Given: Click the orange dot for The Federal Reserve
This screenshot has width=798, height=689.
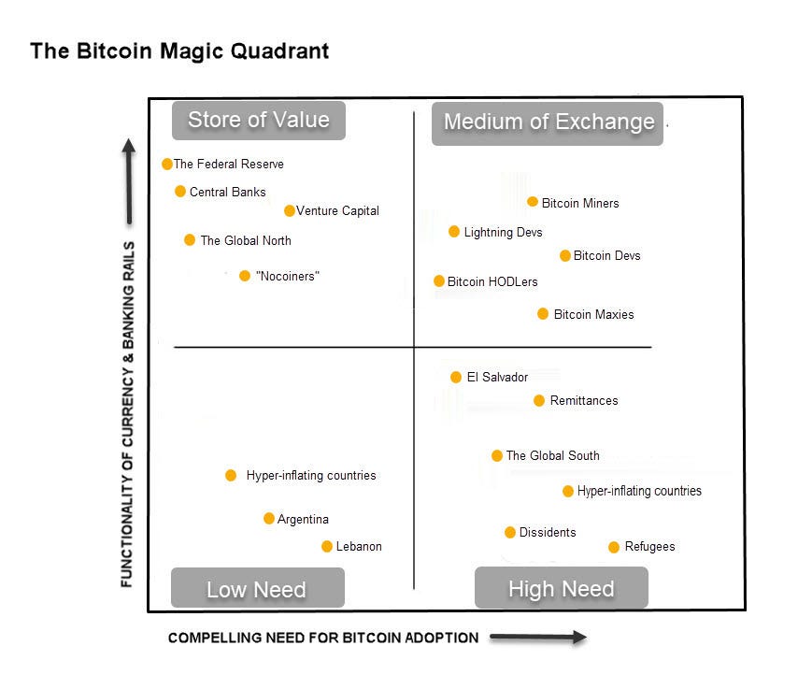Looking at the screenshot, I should point(167,164).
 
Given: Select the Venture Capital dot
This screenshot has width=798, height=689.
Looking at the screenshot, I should point(290,210).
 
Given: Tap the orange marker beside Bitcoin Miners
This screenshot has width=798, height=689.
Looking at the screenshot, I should point(533,202).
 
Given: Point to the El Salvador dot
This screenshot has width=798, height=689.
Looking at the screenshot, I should point(456,377).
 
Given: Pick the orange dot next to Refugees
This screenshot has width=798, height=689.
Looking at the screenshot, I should point(614,547).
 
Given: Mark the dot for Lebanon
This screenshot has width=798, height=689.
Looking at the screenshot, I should point(327,546).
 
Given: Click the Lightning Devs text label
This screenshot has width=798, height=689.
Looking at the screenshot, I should point(503,232).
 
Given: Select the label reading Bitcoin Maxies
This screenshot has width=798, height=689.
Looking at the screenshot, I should point(593,314).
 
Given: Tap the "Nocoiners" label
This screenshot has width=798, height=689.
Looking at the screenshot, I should point(287,276).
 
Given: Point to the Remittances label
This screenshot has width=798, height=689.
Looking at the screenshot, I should point(584,400).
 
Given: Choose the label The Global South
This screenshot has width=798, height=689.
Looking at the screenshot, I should point(552,455).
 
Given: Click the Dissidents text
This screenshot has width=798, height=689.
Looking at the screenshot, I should point(548,532).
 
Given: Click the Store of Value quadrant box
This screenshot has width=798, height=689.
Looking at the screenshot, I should point(259,120).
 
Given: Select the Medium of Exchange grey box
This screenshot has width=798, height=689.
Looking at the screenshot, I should point(549,122).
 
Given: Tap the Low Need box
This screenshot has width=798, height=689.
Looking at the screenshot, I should point(257,589).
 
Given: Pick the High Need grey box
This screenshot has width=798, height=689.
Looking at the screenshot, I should point(561,588).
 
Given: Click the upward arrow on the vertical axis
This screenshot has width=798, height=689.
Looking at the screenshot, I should point(129,182).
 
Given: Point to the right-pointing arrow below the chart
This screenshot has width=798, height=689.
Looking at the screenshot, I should point(537,638).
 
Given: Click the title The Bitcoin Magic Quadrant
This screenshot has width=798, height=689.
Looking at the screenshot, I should point(179,50).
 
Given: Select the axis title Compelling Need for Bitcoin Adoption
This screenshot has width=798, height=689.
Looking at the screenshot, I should point(323,638).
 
